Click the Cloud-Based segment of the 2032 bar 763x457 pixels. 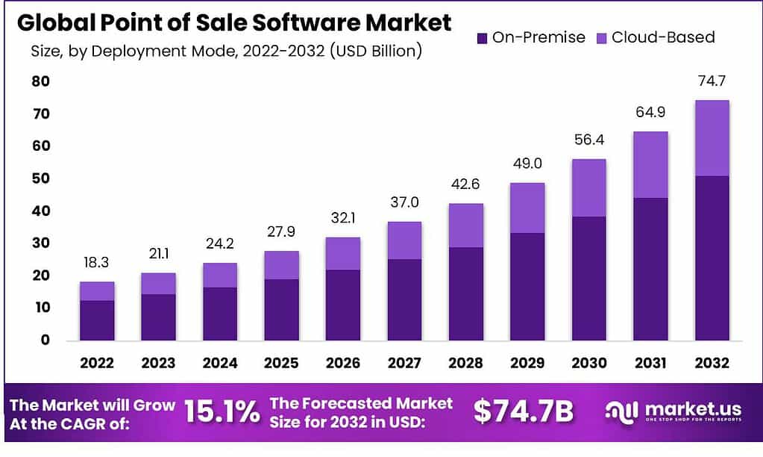pos(712,138)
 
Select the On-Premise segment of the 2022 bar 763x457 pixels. pos(97,320)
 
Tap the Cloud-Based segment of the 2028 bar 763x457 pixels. pos(465,225)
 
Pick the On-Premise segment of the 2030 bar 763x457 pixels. pos(588,278)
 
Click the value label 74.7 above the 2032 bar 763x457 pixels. pos(712,83)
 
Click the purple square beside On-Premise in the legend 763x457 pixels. pos(481,37)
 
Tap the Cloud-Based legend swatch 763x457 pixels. pos(600,37)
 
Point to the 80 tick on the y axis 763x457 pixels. pos(40,81)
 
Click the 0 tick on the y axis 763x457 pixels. pos(45,340)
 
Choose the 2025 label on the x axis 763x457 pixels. pos(281,364)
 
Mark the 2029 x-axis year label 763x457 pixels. pos(527,364)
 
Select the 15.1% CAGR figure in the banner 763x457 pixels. pos(222,411)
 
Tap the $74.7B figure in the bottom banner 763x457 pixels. pos(523,411)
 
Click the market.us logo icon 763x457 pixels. pos(621,411)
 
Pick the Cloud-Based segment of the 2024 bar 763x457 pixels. pos(220,275)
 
